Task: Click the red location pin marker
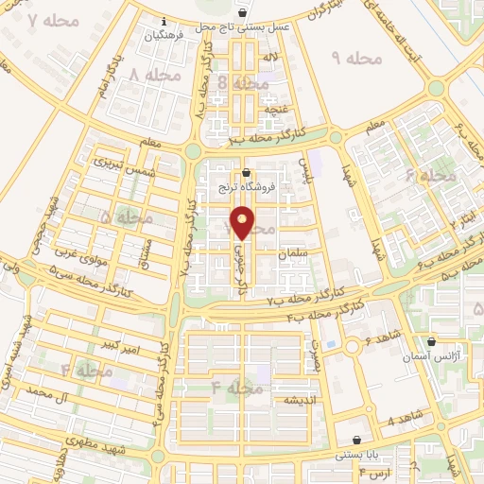(243, 222)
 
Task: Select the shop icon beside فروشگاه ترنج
(247, 173)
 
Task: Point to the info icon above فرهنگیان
(164, 21)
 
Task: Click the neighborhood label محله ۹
(356, 59)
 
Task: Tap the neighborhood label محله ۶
(430, 177)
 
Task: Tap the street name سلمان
(295, 255)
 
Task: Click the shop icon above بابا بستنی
(356, 440)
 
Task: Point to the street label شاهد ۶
(382, 339)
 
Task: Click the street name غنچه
(275, 110)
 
